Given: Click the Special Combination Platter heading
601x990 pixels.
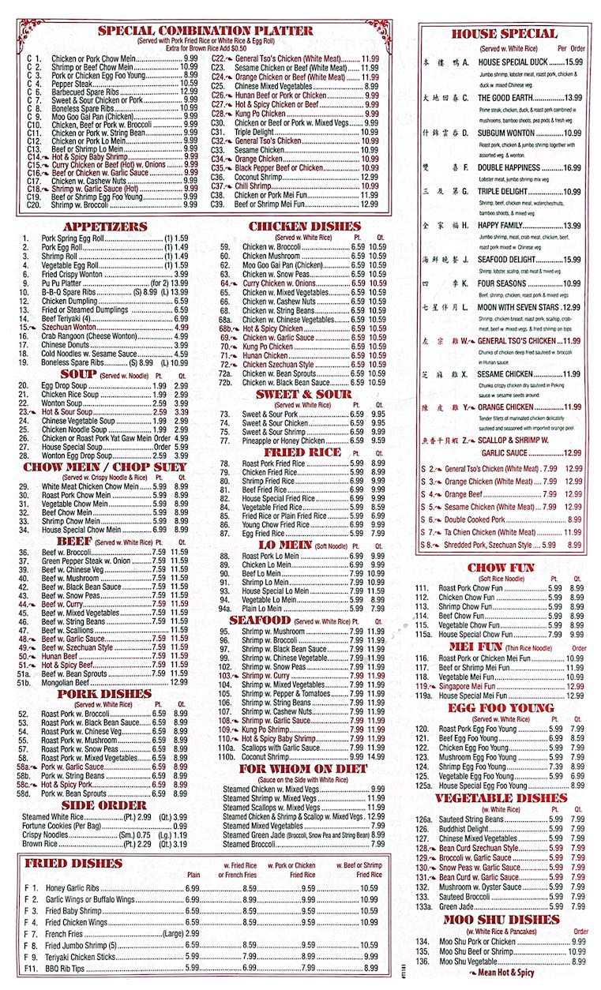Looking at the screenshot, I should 205,31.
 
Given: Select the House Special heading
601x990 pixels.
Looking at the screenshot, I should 504,34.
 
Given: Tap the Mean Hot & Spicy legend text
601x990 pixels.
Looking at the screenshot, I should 506,973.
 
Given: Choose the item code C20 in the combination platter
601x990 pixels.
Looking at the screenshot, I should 34,204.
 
